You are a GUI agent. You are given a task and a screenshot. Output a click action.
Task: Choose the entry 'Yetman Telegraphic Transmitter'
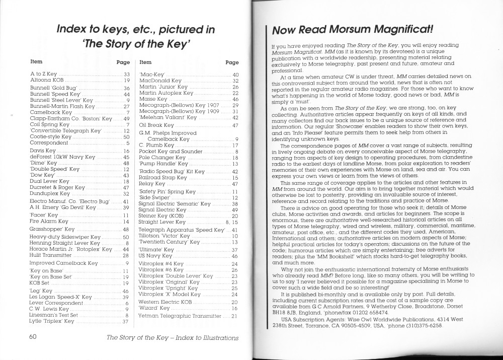(x=180, y=316)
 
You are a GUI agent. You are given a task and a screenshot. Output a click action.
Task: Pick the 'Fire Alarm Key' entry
(x=49, y=222)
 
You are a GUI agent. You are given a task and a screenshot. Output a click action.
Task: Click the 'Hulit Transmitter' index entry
(x=52, y=255)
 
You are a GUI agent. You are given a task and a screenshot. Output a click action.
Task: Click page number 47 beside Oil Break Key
(x=235, y=125)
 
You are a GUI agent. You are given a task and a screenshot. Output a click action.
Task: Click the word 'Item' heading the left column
(x=36, y=62)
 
